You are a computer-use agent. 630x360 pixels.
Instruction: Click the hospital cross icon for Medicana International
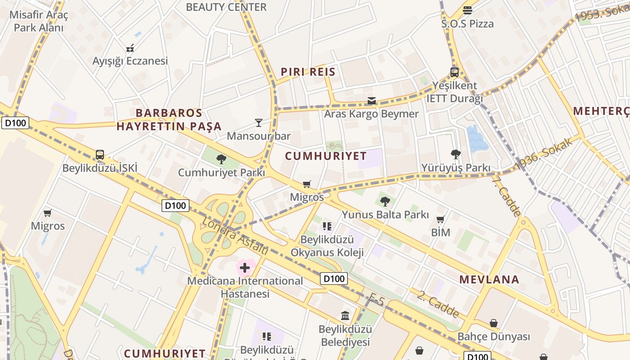(245, 268)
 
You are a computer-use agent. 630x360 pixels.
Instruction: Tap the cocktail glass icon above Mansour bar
(259, 122)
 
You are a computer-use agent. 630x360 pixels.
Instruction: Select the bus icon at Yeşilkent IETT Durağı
(454, 72)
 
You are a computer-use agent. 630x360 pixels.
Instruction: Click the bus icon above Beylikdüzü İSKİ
(100, 155)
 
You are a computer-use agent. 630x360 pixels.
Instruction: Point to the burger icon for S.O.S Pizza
(468, 10)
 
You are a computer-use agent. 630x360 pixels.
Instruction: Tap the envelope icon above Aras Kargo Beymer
(372, 100)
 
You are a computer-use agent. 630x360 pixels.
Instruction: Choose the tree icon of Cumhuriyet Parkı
(221, 159)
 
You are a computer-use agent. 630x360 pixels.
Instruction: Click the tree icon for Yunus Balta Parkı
(385, 201)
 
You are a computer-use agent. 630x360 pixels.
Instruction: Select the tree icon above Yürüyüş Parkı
(455, 154)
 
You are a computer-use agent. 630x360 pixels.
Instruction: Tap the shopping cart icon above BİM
(441, 220)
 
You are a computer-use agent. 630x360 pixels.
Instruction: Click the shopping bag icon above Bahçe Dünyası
(494, 323)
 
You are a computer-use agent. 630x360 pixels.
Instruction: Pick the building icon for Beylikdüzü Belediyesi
(345, 315)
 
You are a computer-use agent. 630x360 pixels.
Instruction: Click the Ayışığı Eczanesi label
(130, 61)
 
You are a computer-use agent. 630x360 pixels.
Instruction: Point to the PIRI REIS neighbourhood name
(308, 72)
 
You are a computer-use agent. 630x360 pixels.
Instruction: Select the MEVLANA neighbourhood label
(489, 279)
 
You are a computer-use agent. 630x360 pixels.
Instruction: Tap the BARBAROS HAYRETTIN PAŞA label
(169, 120)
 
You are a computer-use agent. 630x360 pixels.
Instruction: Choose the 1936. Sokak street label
(545, 153)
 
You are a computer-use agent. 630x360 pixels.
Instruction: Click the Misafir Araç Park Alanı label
(39, 21)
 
